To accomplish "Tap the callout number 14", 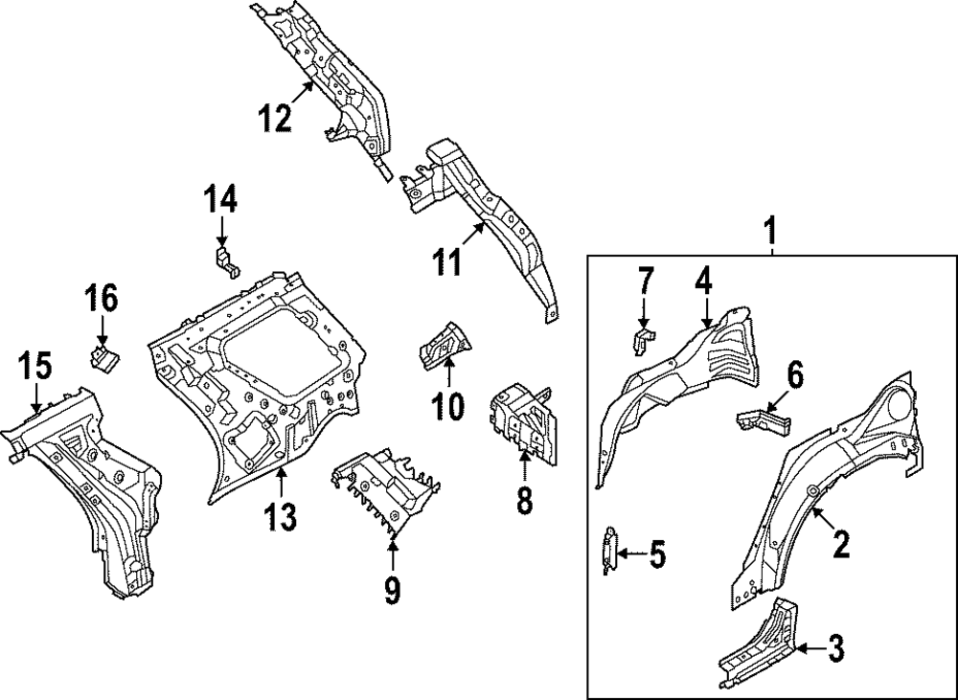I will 220,201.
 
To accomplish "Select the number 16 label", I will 101,299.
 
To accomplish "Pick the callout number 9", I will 392,589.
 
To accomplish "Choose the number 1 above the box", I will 772,231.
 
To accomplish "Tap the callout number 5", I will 656,553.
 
